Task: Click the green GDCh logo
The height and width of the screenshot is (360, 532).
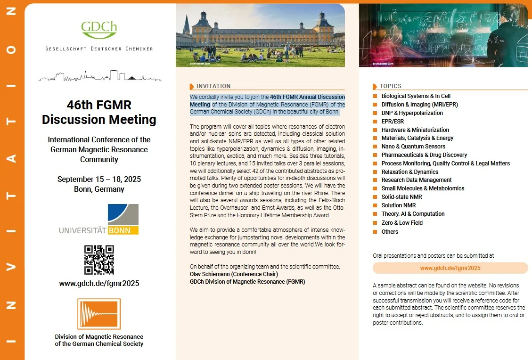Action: pyautogui.click(x=99, y=30)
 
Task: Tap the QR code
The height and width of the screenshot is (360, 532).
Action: pyautogui.click(x=99, y=260)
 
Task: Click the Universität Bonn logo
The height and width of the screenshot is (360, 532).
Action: pyautogui.click(x=99, y=220)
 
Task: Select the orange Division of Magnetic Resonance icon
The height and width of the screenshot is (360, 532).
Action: pyautogui.click(x=99, y=314)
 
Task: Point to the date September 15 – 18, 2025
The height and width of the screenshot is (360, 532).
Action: pyautogui.click(x=99, y=179)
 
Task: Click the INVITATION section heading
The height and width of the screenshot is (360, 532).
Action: pyautogui.click(x=213, y=86)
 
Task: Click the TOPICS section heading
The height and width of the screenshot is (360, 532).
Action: pyautogui.click(x=390, y=86)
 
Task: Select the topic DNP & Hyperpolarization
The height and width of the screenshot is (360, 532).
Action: pyautogui.click(x=412, y=113)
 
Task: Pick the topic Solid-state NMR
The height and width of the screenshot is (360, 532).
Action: pyautogui.click(x=402, y=197)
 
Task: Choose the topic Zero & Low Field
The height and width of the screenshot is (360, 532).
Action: pyautogui.click(x=402, y=223)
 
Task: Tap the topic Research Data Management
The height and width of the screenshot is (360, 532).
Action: pyautogui.click(x=417, y=180)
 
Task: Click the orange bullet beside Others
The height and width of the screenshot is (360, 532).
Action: pyautogui.click(x=375, y=232)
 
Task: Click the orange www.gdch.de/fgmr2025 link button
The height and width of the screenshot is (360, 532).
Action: pyautogui.click(x=450, y=268)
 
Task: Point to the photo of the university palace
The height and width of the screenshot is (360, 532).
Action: pyautogui.click(x=260, y=35)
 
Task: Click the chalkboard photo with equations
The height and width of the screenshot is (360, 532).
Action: pyautogui.click(x=443, y=35)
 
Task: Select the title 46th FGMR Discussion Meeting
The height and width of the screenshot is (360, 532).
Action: pyautogui.click(x=99, y=112)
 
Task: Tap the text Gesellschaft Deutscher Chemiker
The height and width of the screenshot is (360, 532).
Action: pyautogui.click(x=99, y=49)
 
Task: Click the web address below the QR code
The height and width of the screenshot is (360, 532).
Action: pyautogui.click(x=99, y=284)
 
